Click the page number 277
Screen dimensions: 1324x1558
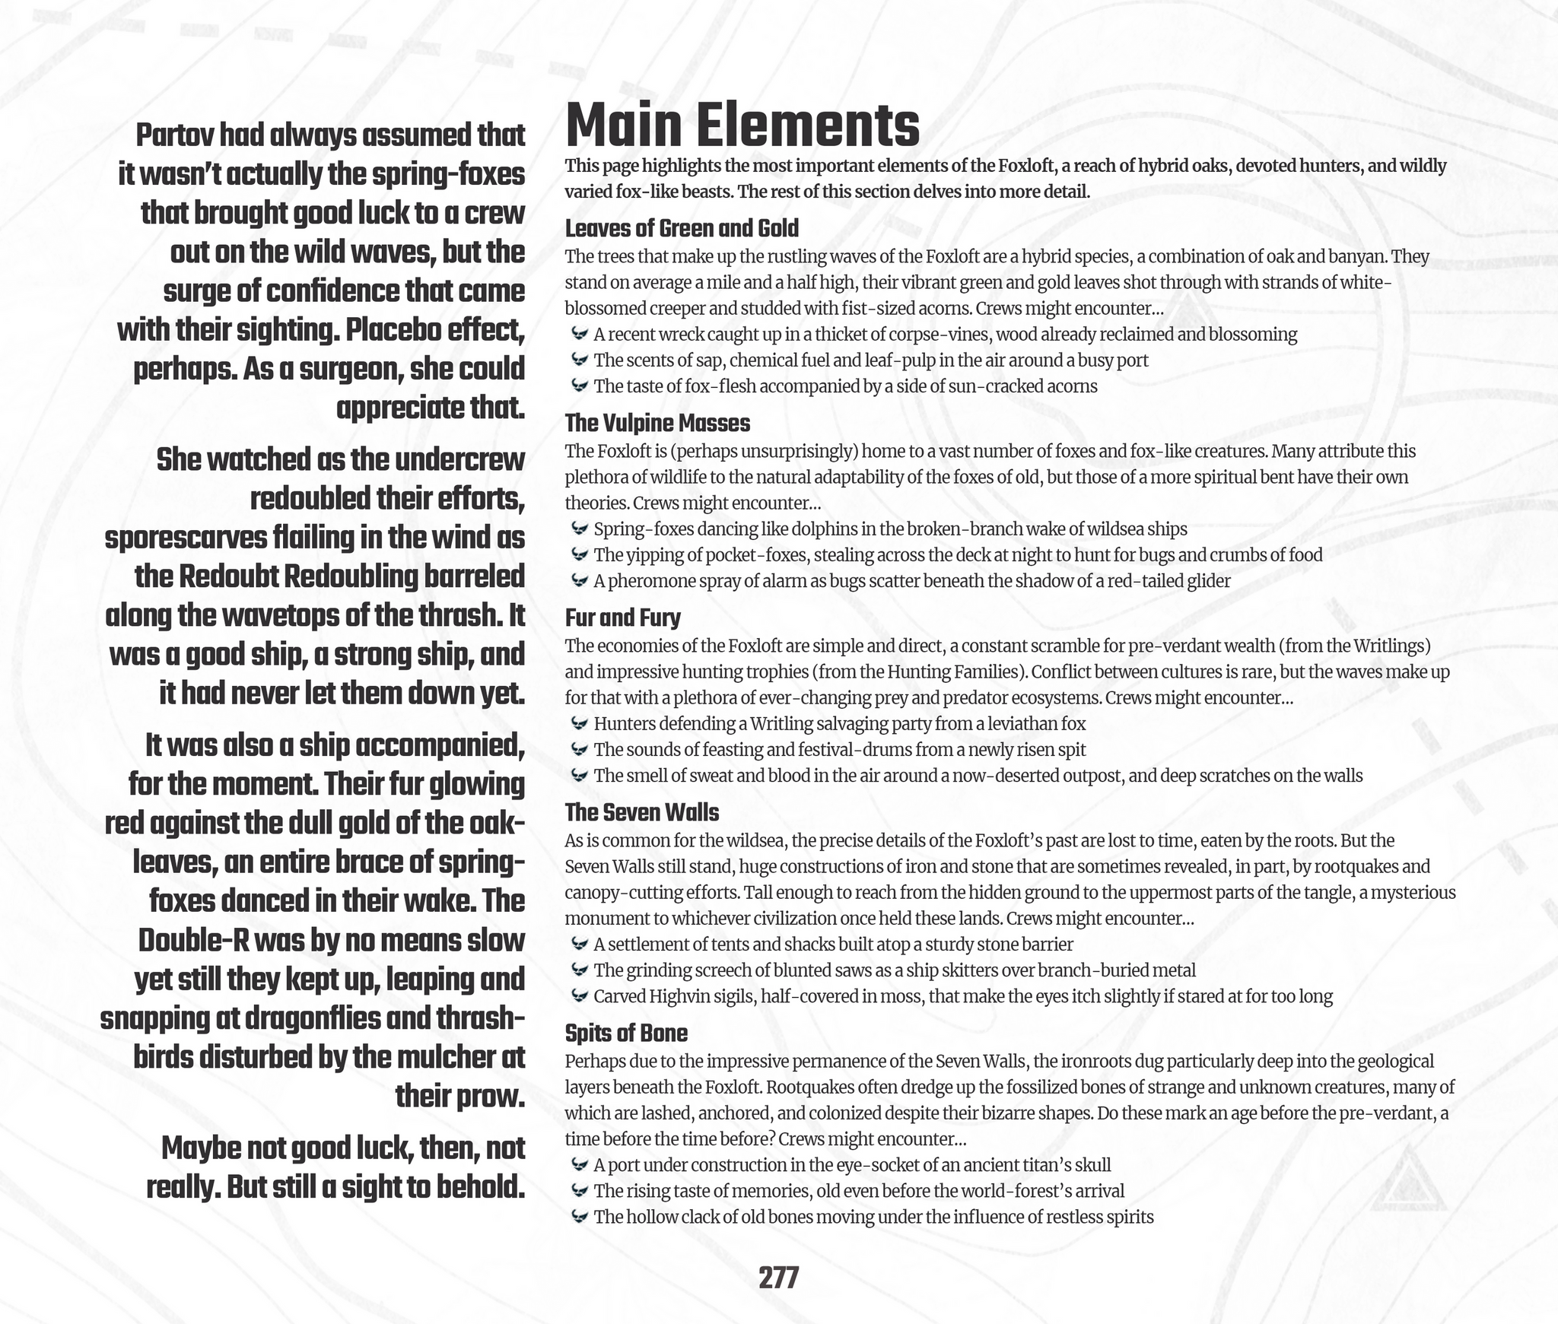pos(778,1278)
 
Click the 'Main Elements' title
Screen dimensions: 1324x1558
pos(742,126)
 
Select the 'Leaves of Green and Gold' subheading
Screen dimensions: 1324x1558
pos(682,228)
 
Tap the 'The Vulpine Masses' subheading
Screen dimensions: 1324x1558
pos(657,423)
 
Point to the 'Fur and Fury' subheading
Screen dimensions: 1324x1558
pos(622,618)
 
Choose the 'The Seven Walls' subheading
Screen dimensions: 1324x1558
pos(641,812)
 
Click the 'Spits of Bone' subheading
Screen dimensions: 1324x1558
pos(626,1033)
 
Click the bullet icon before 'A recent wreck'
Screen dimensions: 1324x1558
pos(579,334)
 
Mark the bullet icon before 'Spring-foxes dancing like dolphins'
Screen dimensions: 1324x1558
pos(579,529)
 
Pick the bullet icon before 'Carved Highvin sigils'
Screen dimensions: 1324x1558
pos(579,995)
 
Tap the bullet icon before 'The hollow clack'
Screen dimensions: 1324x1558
pos(579,1216)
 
